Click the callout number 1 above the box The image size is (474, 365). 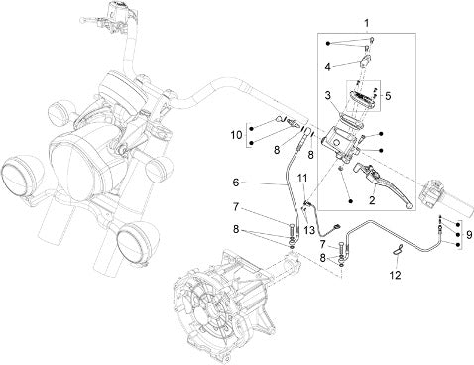click(x=366, y=24)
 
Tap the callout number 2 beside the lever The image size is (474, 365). click(x=372, y=200)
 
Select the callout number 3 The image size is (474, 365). click(x=328, y=96)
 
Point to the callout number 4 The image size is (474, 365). click(x=327, y=67)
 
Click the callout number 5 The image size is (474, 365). click(x=388, y=96)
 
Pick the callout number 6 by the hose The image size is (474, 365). click(x=236, y=182)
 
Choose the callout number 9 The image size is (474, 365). click(x=469, y=235)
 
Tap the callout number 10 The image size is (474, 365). click(x=237, y=135)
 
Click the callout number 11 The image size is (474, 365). click(x=302, y=178)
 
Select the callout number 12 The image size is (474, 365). click(x=396, y=275)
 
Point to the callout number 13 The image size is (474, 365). click(x=309, y=230)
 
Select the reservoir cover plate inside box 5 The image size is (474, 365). click(x=362, y=101)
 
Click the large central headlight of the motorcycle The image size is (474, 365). click(x=79, y=164)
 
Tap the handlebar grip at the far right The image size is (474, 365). click(x=444, y=198)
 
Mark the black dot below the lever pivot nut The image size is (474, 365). click(x=351, y=201)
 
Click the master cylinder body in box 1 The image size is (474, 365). click(x=340, y=144)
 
